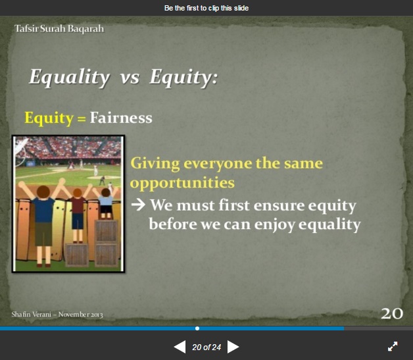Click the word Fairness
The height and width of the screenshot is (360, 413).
[121, 118]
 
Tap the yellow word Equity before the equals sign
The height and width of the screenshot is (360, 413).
[49, 118]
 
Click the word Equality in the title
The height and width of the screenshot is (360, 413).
[69, 78]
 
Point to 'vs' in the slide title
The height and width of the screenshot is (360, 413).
[130, 78]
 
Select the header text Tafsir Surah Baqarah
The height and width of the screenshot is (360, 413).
[59, 29]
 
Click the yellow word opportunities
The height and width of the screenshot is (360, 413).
[182, 184]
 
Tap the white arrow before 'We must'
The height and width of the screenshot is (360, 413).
[138, 205]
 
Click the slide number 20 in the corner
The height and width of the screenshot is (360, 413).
[392, 314]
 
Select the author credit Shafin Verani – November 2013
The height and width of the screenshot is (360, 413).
[57, 315]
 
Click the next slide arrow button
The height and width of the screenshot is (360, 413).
[233, 347]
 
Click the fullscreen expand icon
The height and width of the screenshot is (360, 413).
[393, 347]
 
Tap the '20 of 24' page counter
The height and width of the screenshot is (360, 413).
[206, 347]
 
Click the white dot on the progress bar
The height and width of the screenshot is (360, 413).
[197, 328]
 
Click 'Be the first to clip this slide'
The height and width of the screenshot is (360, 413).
[206, 8]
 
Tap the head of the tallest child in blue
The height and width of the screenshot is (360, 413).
[43, 192]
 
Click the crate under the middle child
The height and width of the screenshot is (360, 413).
[77, 255]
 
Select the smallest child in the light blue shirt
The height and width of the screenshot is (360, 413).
[106, 203]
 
